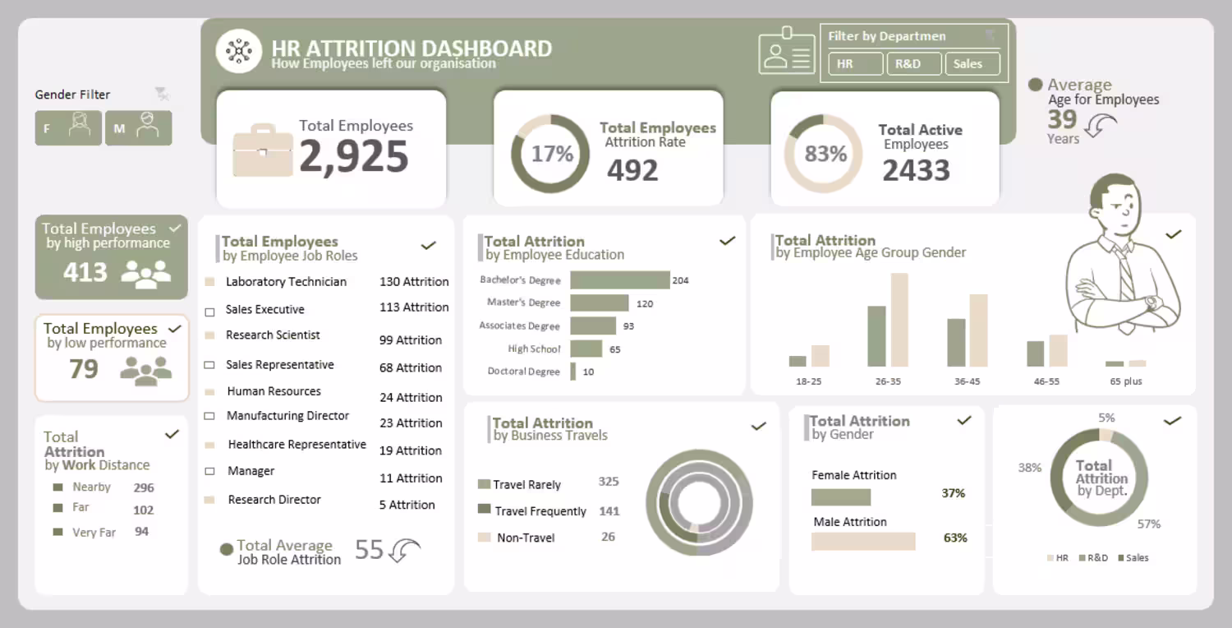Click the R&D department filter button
coord(913,63)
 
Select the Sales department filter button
coord(972,63)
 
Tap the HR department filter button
coord(855,63)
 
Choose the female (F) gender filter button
coord(68,128)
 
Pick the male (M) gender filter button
coord(138,128)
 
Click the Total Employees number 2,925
coord(354,156)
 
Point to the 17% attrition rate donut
coord(550,154)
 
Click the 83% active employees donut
coord(823,154)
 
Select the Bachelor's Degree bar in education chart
coord(619,280)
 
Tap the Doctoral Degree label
coord(523,372)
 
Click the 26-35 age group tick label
coord(888,381)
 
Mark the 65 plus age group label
coord(1125,381)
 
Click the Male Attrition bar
coord(862,541)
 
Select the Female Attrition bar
coord(840,496)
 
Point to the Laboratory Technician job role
coord(286,282)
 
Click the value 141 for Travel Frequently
coord(609,510)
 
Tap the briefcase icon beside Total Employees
coord(263,150)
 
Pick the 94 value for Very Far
coord(142,532)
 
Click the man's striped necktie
coord(1124,275)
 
